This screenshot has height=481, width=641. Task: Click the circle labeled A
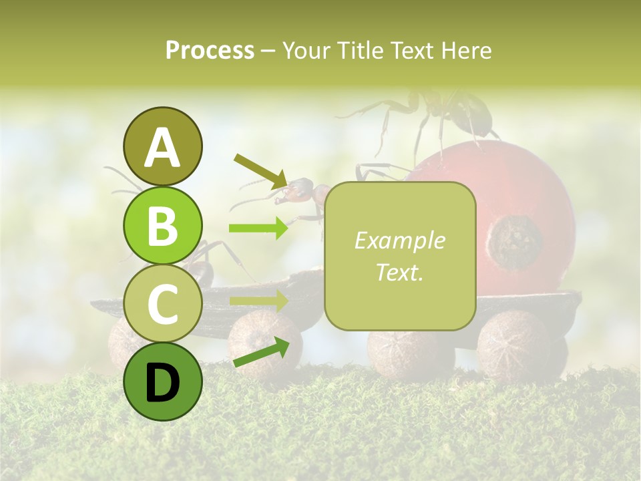click(162, 146)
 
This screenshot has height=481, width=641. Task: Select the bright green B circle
click(162, 225)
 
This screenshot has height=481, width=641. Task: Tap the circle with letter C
click(162, 303)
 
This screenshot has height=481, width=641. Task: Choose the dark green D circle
click(162, 381)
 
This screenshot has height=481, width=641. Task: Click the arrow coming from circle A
click(260, 170)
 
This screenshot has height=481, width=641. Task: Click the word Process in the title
click(210, 50)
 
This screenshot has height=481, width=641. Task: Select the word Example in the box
click(399, 240)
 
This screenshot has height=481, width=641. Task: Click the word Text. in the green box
click(399, 272)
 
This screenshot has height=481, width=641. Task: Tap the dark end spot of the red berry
click(514, 242)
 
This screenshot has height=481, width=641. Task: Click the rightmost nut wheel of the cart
click(513, 346)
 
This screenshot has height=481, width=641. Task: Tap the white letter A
click(162, 147)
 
